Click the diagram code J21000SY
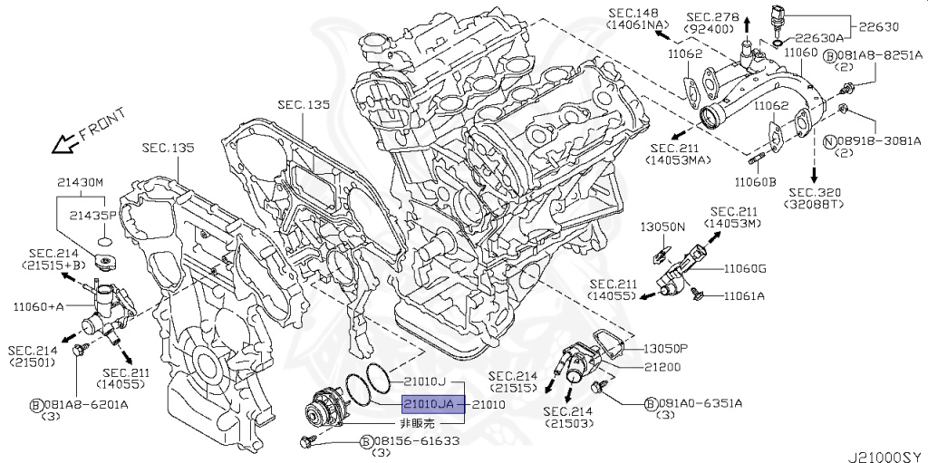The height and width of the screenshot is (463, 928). (884, 450)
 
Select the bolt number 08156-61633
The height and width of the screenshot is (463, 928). (416, 441)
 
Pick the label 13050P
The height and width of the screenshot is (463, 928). (667, 348)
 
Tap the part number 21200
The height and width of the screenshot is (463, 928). (662, 367)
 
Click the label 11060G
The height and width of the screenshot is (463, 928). (745, 268)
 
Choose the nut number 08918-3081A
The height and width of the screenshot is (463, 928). (879, 141)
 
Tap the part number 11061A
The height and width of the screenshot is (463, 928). (743, 295)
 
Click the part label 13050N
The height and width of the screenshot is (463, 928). (662, 226)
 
